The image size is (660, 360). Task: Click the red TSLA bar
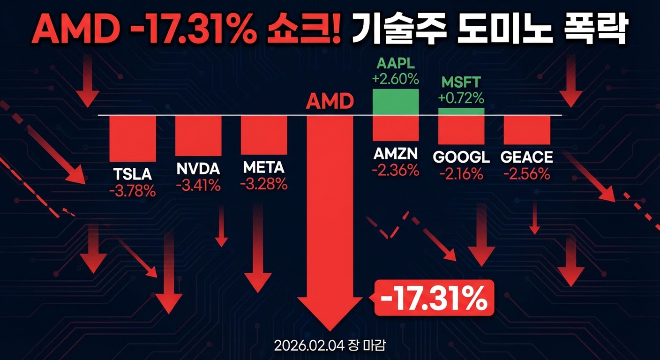133,138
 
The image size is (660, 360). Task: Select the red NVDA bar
198,135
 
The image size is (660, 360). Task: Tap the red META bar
264,135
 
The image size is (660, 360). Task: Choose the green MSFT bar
461,112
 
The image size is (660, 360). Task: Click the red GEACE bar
527,129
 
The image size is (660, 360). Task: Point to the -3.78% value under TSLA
133,191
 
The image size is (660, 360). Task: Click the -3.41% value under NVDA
198,185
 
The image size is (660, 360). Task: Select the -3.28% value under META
264,184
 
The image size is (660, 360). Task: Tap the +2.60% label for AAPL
395,79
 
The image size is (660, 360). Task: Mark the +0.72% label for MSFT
461,98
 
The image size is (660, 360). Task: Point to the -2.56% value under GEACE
527,174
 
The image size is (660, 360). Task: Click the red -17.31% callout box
434,298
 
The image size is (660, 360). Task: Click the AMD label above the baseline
330,101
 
